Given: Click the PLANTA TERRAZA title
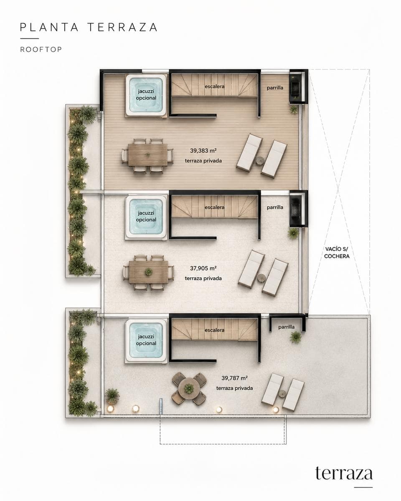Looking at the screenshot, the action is (89, 27).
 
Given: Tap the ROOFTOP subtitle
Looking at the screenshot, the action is (41, 49).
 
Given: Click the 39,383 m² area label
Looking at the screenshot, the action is (203, 151).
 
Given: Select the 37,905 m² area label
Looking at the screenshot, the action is (203, 268).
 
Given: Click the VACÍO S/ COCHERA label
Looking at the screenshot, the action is (337, 252).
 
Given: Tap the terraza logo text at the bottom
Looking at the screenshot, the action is (344, 473).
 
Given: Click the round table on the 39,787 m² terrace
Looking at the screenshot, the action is (189, 389).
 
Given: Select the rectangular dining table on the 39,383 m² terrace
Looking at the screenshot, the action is (147, 155).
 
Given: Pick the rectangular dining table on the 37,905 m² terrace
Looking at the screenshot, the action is (148, 272).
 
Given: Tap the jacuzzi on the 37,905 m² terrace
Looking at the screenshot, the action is (146, 217).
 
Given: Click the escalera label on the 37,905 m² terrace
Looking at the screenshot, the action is (215, 207).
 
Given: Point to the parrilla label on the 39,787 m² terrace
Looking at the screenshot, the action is (287, 327).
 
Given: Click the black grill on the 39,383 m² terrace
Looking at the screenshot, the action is (297, 88).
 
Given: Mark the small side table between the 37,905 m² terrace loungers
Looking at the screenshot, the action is (261, 278).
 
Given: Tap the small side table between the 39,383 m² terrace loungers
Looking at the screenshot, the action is (260, 161).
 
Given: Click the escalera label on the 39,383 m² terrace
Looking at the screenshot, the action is (215, 86).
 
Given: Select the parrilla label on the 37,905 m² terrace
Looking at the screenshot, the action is (275, 207).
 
